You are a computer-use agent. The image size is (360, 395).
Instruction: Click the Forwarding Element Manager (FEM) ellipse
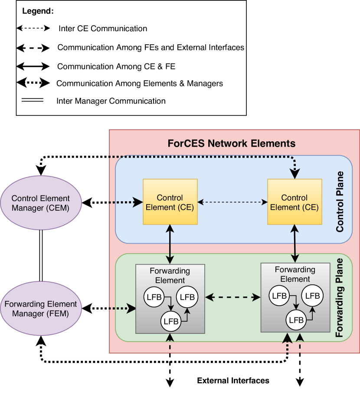(x=41, y=308)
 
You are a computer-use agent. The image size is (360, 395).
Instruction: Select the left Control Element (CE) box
(x=170, y=202)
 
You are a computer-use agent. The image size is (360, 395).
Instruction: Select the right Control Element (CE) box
(x=295, y=202)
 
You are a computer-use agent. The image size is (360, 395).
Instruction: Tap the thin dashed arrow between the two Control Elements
(x=232, y=202)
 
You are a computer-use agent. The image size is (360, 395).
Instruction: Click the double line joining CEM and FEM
(x=41, y=256)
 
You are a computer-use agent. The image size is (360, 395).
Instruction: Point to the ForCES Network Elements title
(x=231, y=143)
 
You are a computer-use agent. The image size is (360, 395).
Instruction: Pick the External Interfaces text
(x=233, y=381)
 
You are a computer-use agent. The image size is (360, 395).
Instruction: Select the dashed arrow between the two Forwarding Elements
(x=232, y=297)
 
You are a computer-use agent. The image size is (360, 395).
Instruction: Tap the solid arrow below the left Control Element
(x=170, y=244)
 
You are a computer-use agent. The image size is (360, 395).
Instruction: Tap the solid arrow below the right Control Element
(x=295, y=243)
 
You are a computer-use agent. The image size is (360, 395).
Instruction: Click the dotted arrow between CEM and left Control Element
(x=113, y=202)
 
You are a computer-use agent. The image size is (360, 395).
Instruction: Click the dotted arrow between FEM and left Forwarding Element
(x=109, y=309)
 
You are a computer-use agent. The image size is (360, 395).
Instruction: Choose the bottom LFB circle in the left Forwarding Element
(x=170, y=321)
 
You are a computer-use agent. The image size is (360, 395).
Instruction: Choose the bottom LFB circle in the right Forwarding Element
(x=295, y=320)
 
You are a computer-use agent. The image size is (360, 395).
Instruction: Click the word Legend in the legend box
(x=38, y=11)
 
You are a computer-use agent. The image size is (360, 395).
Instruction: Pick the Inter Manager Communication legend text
(x=111, y=101)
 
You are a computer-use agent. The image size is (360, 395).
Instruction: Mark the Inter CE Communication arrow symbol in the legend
(x=33, y=29)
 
